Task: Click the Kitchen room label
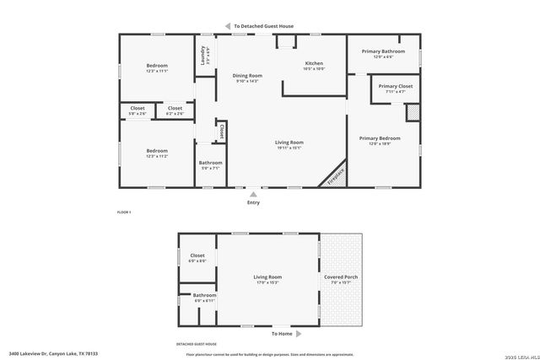(314, 63)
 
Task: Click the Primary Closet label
(395, 86)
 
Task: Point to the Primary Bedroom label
(379, 138)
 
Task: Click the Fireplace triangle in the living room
(333, 175)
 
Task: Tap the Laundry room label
(202, 56)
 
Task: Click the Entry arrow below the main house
(253, 195)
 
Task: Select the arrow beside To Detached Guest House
(227, 26)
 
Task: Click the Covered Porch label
(340, 277)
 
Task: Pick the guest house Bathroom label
(205, 295)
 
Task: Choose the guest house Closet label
(197, 255)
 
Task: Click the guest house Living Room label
(267, 277)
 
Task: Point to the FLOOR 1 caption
(124, 212)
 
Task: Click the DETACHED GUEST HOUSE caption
(197, 344)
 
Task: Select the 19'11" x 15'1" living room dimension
(289, 148)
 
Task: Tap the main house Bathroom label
(210, 163)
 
